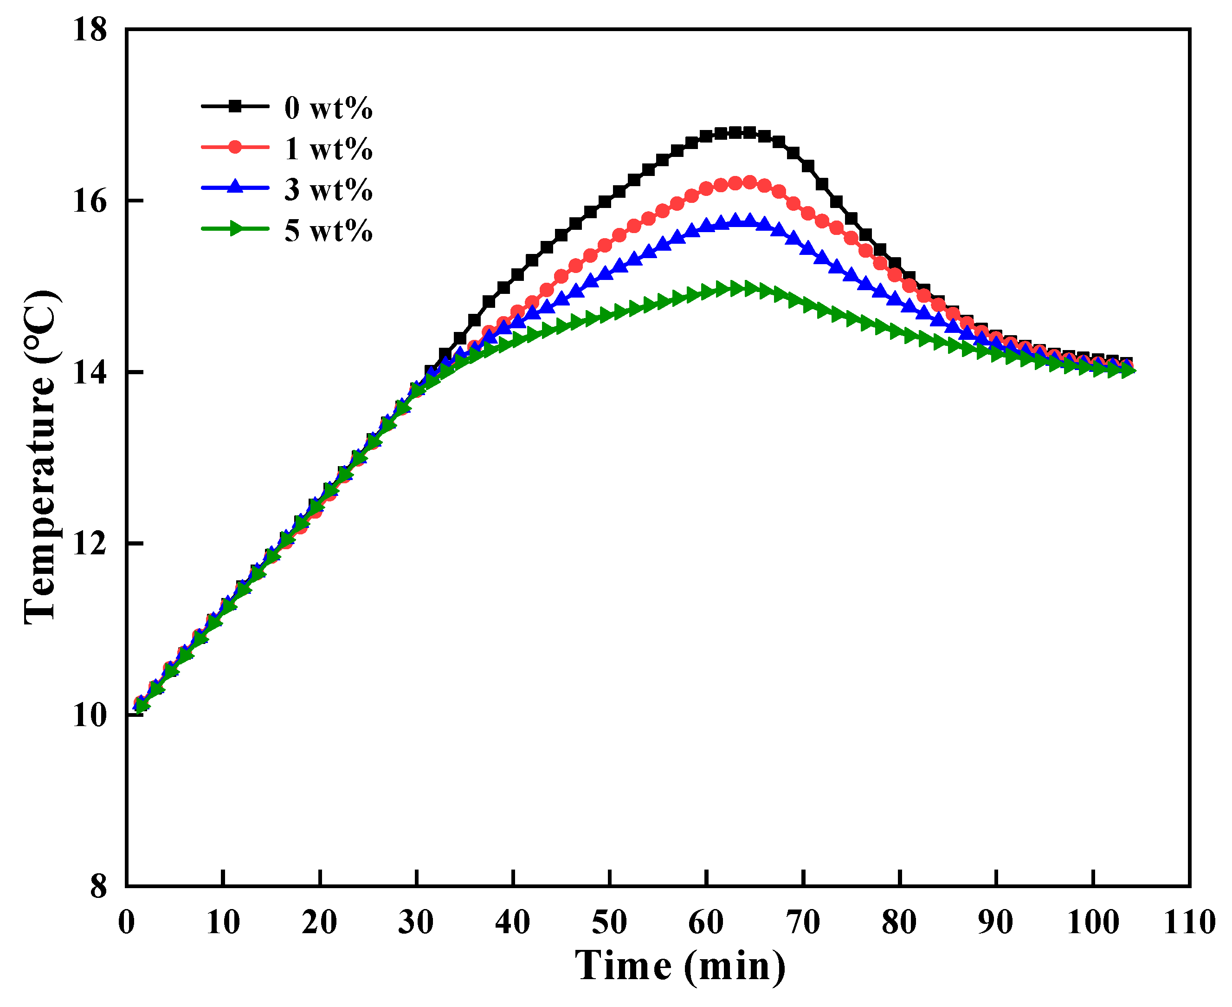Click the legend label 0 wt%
[x=328, y=109]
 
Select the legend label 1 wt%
[x=328, y=149]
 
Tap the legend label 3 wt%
[x=328, y=190]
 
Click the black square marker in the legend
[x=235, y=106]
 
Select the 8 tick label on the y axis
[x=98, y=887]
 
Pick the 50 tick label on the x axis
[x=609, y=923]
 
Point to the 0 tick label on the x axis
[x=126, y=923]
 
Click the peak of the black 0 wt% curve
[x=742, y=133]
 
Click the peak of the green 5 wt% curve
[x=742, y=288]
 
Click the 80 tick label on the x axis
[x=899, y=923]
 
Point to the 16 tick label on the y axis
[x=90, y=201]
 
